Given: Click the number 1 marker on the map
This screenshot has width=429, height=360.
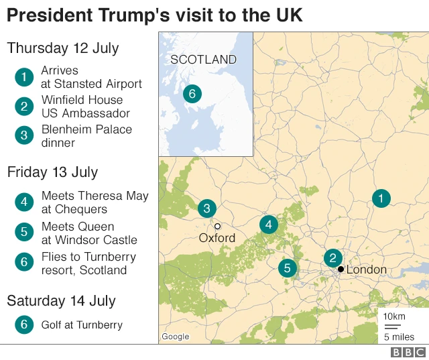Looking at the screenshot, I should click(x=381, y=198).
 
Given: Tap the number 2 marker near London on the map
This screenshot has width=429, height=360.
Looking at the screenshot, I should click(x=332, y=258).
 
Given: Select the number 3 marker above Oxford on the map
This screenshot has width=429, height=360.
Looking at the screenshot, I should click(x=206, y=208).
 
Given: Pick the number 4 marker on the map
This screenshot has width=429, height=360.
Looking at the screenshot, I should click(x=269, y=225).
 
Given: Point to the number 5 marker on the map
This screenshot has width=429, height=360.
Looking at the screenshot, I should click(x=288, y=269).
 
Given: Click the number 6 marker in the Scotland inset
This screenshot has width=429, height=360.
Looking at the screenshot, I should click(x=192, y=94).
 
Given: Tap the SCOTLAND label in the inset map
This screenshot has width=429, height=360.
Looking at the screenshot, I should click(x=203, y=60).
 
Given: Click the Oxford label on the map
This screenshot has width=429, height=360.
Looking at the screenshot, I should click(x=217, y=238).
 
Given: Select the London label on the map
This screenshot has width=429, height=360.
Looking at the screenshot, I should click(x=366, y=269).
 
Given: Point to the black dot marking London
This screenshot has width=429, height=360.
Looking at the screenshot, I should click(x=341, y=269).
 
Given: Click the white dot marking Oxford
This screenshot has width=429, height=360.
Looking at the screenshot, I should click(x=217, y=227).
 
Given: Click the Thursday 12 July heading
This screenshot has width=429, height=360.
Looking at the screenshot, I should click(x=63, y=48).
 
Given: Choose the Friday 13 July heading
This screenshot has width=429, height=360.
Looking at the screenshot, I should click(x=52, y=172).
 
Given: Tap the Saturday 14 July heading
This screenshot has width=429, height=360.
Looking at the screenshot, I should click(x=61, y=301).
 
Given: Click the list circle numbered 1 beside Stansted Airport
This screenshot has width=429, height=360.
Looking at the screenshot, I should click(x=23, y=77).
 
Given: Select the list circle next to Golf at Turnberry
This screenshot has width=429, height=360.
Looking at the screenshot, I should click(x=23, y=325).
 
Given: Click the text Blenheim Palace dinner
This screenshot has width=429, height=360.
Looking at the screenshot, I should click(x=86, y=136).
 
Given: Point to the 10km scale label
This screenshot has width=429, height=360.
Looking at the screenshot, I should click(x=394, y=316).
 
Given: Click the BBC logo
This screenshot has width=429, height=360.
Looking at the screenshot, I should click(x=408, y=353).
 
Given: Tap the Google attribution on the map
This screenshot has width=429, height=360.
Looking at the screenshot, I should click(x=175, y=337).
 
